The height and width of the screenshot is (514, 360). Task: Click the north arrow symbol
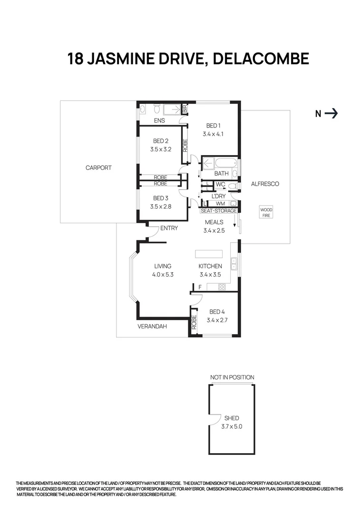pos(331,113)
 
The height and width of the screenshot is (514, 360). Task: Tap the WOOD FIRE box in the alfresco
pos(266,212)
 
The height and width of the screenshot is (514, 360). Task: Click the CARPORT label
pos(98,168)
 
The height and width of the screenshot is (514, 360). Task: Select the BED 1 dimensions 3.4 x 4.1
pos(213,134)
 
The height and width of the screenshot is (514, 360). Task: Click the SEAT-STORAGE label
pos(218,210)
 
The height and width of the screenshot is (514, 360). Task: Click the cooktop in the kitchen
pos(221,287)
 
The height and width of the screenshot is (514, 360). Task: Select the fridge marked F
pos(200,287)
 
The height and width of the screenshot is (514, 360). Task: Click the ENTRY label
pos(169,228)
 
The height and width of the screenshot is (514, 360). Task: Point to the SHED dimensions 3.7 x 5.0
pos(232,426)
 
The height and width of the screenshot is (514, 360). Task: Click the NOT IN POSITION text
pos(232,377)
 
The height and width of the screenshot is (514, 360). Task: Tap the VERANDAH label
pos(152,326)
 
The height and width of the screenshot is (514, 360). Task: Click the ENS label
pos(159,121)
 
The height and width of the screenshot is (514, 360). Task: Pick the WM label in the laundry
pos(220,204)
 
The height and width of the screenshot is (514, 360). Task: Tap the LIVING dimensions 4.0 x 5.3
pos(162,274)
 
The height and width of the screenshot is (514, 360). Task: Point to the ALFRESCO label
pos(265,184)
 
